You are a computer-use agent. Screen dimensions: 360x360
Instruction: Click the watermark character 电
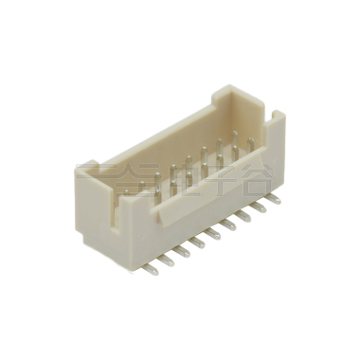[x=180, y=176]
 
